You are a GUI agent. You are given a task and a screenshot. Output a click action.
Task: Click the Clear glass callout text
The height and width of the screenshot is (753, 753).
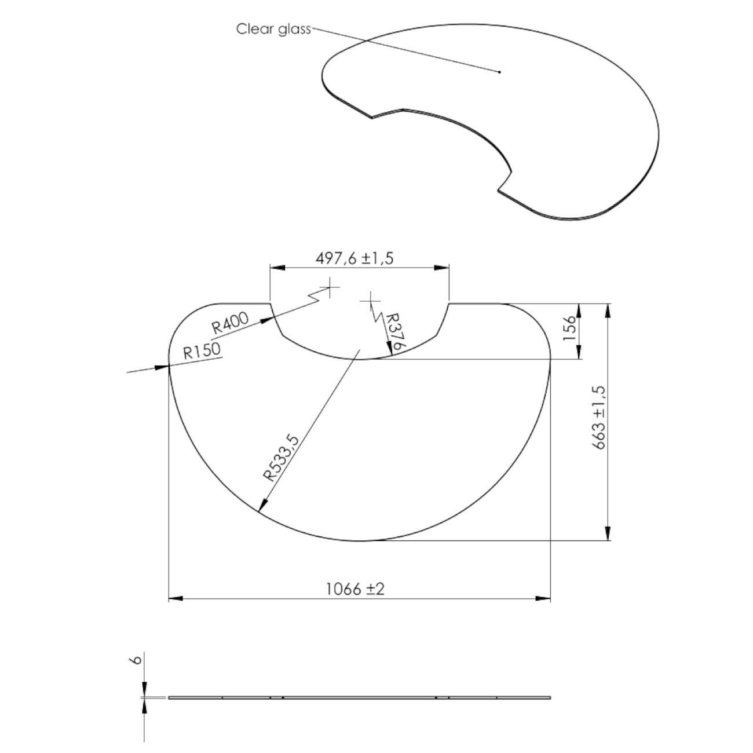[x=273, y=30]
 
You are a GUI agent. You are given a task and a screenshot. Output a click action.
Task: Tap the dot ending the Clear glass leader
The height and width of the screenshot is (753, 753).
[x=499, y=72]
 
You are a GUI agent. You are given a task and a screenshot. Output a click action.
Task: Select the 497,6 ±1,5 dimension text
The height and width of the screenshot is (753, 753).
[x=354, y=258]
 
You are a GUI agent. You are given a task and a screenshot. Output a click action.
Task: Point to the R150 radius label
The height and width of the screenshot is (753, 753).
[x=202, y=351]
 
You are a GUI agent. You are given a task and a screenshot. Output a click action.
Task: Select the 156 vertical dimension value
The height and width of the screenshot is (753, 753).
[x=570, y=327]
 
